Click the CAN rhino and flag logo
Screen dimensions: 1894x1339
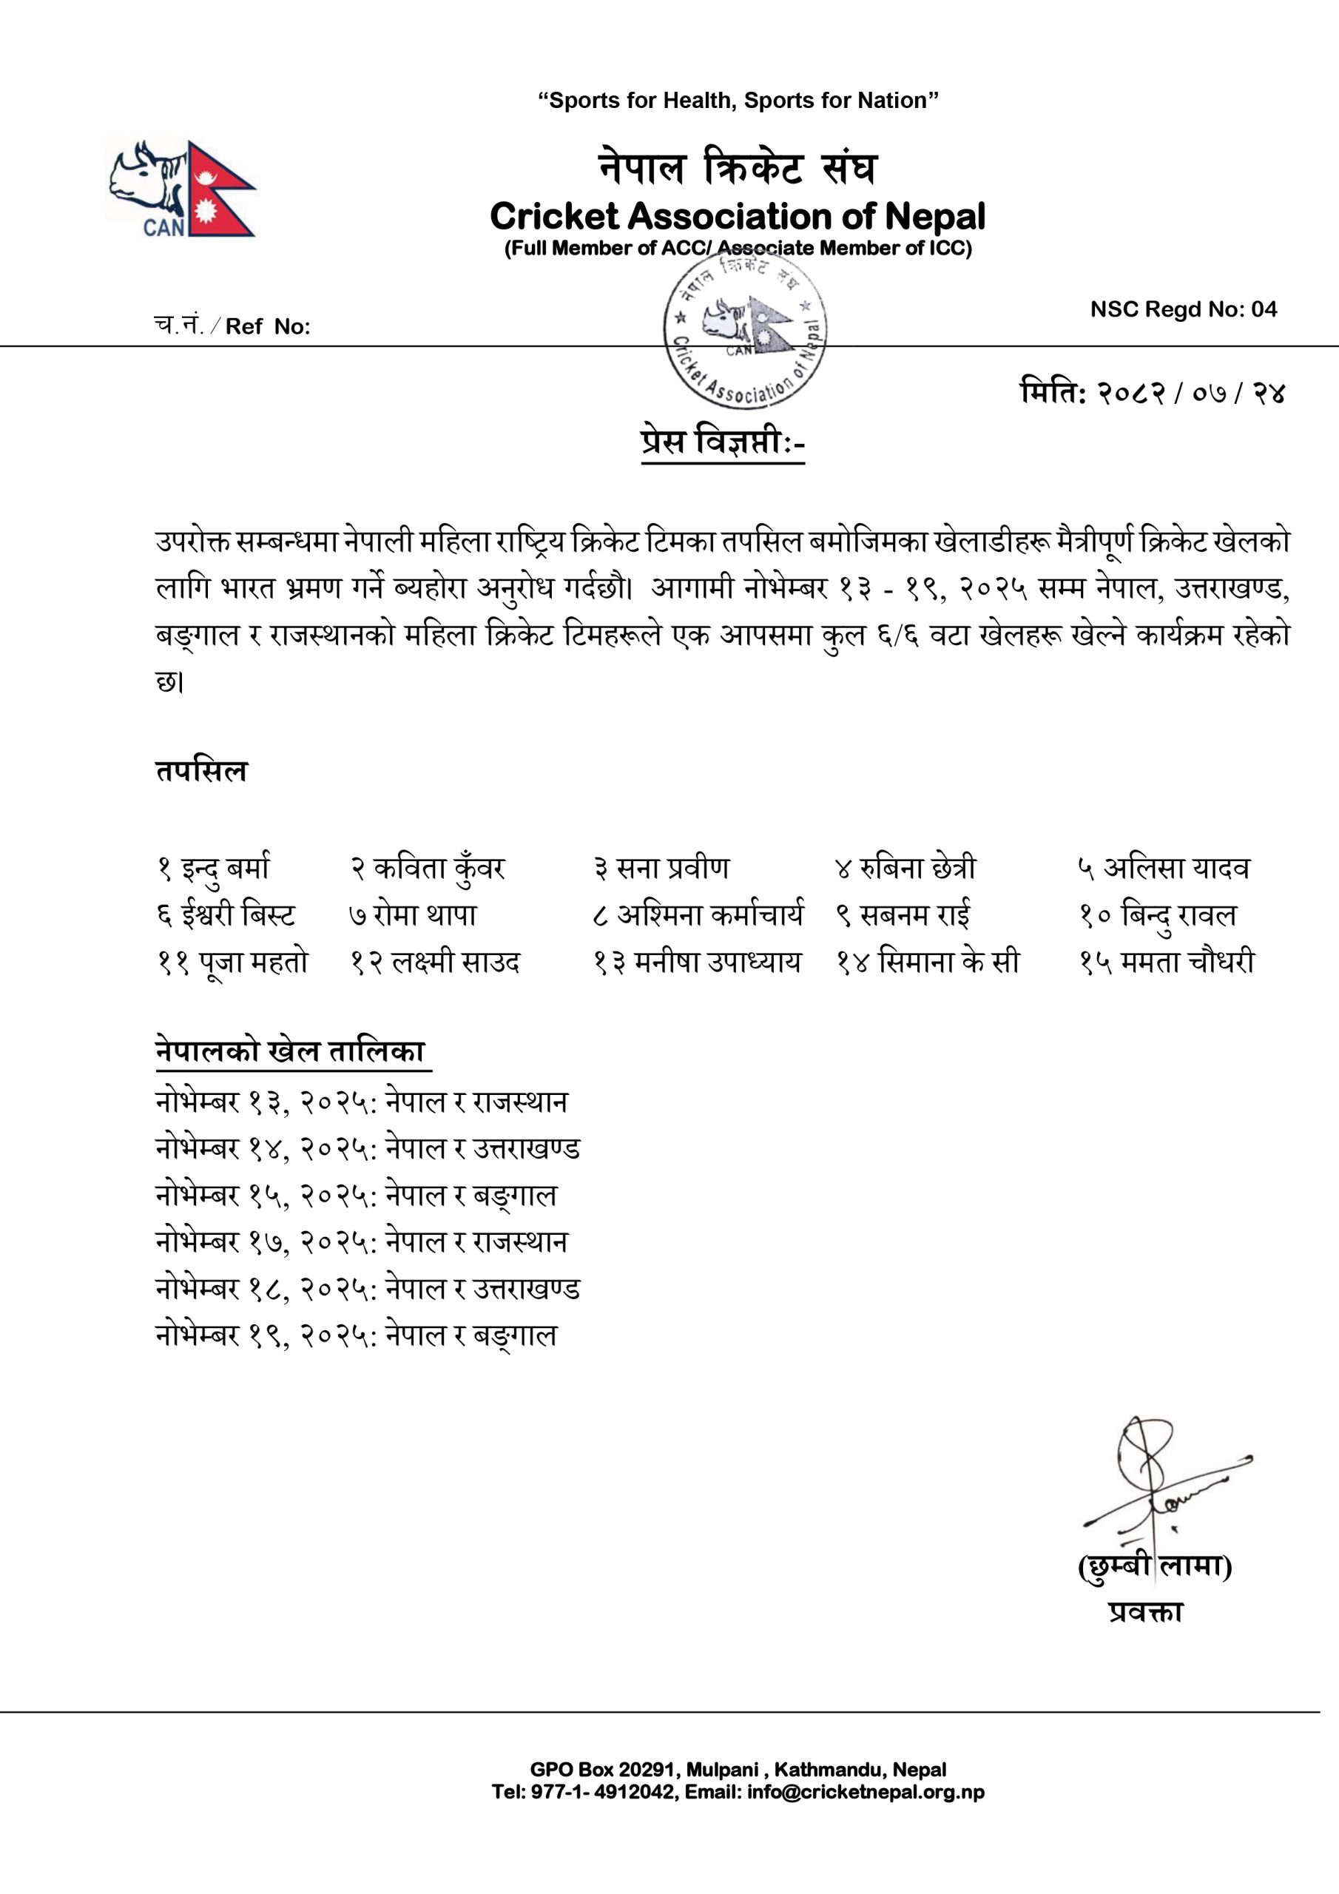pos(181,188)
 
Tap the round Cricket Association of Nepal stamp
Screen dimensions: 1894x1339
pos(745,329)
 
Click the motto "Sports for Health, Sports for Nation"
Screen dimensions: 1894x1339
pos(738,101)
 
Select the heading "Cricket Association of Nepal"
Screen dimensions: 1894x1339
pos(738,216)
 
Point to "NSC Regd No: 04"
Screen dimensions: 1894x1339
pos(1183,309)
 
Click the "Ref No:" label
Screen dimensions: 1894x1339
pos(266,327)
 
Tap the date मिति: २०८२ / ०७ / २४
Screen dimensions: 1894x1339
pos(1153,393)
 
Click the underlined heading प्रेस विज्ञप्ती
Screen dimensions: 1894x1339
pos(722,442)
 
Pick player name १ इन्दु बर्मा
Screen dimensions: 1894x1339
pos(213,869)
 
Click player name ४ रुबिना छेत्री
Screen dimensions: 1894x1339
pos(904,869)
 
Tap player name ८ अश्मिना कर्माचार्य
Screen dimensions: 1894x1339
pos(698,916)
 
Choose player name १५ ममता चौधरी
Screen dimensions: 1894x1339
pos(1167,963)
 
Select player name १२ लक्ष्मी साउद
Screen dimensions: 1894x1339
pos(435,963)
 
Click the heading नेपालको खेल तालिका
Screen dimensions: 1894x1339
pos(291,1052)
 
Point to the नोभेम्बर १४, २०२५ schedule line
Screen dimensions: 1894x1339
pos(367,1149)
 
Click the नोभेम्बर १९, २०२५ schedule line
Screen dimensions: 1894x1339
pos(356,1335)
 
